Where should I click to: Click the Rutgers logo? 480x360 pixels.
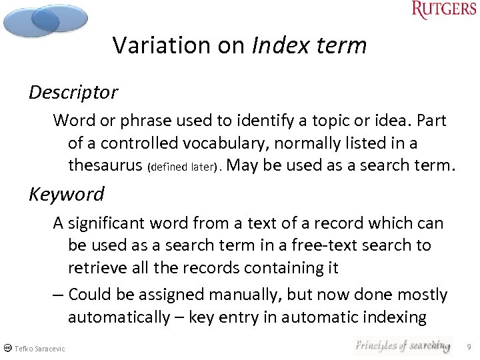click(443, 11)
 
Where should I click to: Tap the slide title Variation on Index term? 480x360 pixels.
click(239, 45)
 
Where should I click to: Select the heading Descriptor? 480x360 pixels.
click(73, 92)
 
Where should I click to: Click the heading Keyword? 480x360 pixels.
click(67, 194)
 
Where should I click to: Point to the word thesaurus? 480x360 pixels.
click(101, 165)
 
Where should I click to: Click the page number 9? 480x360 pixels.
click(469, 347)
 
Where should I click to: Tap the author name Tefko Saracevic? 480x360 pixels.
click(39, 349)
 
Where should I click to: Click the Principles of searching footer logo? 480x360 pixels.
click(402, 345)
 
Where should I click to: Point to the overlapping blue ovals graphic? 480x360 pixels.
click(45, 20)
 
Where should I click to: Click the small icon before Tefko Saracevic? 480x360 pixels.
click(7, 348)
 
